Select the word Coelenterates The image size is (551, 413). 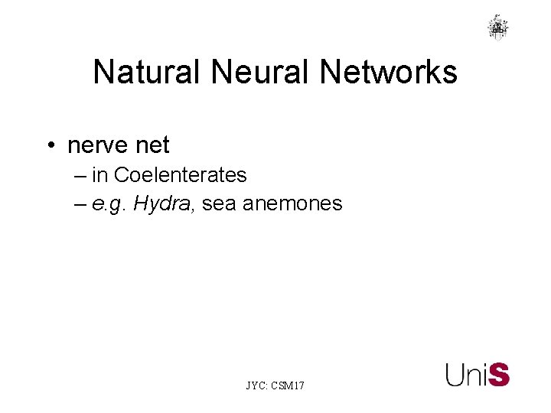coord(180,175)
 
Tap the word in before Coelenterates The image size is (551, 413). coord(100,175)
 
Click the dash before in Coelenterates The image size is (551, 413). coord(82,176)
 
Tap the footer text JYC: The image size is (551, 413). coord(257,386)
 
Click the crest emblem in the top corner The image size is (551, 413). coord(497,27)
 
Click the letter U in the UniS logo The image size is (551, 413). coord(455,375)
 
